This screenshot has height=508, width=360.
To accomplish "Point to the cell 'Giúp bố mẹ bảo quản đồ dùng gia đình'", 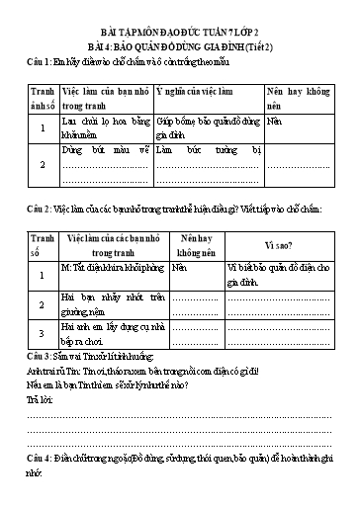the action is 208,126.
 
